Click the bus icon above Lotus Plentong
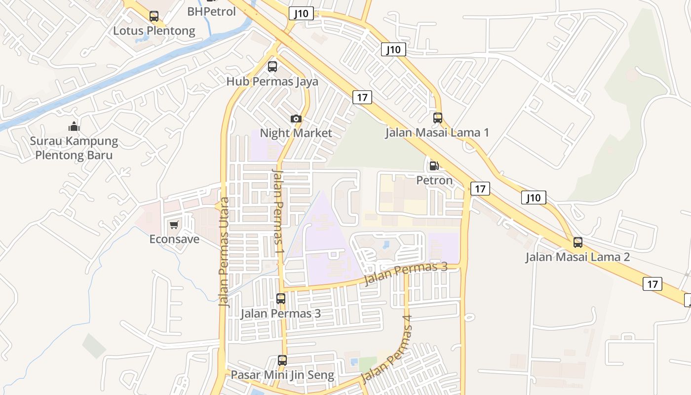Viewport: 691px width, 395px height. (154, 16)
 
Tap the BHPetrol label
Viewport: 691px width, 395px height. (212, 11)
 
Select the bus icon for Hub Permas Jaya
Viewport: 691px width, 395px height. (272, 67)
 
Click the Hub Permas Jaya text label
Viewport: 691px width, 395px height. (272, 81)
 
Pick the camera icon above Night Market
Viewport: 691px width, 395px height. (296, 118)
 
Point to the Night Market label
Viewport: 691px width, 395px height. (296, 133)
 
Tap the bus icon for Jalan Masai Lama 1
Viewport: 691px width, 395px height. (438, 118)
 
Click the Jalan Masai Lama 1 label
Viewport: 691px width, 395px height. (437, 132)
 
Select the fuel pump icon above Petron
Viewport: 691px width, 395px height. (434, 166)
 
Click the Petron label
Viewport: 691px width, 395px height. (434, 180)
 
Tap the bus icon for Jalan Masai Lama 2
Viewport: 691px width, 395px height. (578, 242)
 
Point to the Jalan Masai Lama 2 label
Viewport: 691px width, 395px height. (577, 257)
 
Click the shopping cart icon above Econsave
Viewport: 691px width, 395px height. (174, 225)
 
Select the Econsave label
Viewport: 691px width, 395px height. (174, 239)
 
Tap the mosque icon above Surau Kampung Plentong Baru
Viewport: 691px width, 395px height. (74, 126)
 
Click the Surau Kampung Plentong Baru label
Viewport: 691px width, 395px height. (74, 148)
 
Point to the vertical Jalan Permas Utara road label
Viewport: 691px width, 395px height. (225, 252)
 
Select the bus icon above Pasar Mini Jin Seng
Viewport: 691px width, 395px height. (282, 360)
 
